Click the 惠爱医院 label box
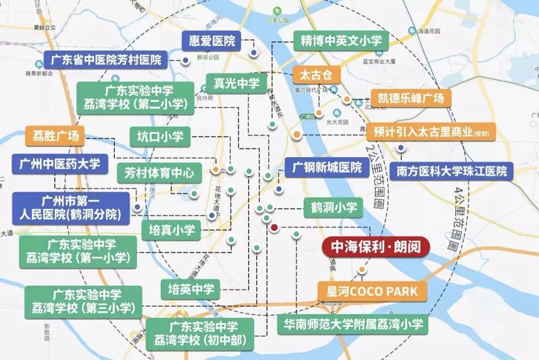pyautogui.click(x=211, y=41)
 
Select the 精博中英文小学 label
pyautogui.click(x=340, y=40)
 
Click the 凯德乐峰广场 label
pyautogui.click(x=411, y=97)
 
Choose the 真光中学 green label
pyautogui.click(x=236, y=83)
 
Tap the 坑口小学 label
pyautogui.click(x=160, y=137)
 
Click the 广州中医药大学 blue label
pyautogui.click(x=60, y=163)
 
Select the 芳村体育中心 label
pyautogui.click(x=160, y=173)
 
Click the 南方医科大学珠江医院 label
pyautogui.click(x=452, y=171)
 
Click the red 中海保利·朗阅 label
pyautogui.click(x=376, y=247)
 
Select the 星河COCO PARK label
pyautogui.click(x=372, y=291)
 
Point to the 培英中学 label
pyautogui.click(x=191, y=289)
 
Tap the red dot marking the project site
pyautogui.click(x=274, y=228)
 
